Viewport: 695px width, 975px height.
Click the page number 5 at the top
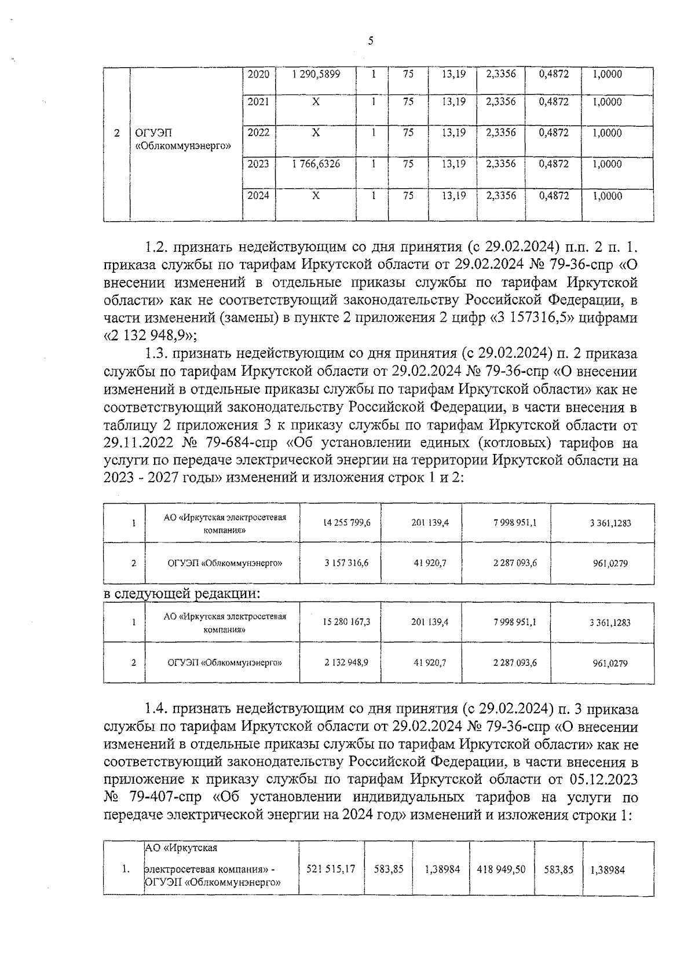click(370, 41)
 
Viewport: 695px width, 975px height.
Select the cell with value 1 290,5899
click(316, 74)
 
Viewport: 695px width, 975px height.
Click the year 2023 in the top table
click(258, 164)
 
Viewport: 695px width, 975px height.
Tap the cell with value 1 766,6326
click(316, 164)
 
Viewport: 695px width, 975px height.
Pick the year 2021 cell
click(258, 102)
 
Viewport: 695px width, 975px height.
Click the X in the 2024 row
click(316, 196)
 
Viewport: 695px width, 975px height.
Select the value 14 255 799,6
click(347, 522)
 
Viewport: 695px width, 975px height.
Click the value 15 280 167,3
click(347, 622)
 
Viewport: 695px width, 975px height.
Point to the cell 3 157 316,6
click(347, 562)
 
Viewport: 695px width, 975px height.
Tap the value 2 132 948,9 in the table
click(347, 662)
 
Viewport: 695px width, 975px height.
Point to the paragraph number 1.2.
click(156, 247)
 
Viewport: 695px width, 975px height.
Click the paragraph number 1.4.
click(156, 709)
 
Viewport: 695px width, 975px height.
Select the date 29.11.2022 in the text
click(136, 443)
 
